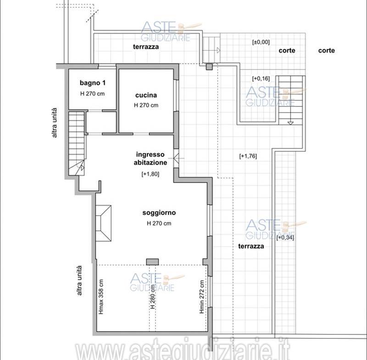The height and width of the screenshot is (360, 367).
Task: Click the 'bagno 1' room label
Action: [x=93, y=83]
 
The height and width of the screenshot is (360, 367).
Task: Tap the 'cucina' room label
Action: [x=146, y=95]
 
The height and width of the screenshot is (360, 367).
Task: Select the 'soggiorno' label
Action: [x=159, y=213]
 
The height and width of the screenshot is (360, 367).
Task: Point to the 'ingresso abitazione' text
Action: [x=150, y=158]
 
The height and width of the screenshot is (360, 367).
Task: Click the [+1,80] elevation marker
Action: [x=150, y=174]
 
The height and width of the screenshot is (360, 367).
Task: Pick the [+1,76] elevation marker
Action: [x=248, y=156]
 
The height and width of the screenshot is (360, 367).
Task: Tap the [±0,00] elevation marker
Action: [x=261, y=42]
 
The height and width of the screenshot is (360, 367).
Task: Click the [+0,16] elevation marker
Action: [x=261, y=78]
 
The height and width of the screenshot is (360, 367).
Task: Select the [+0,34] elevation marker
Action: [x=285, y=238]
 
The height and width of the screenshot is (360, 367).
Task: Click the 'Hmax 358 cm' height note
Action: [x=101, y=297]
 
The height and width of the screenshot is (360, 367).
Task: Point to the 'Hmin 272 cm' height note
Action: [x=201, y=297]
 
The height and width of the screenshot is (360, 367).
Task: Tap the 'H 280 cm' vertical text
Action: [x=153, y=296]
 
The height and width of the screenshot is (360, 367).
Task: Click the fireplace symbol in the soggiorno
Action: [x=103, y=223]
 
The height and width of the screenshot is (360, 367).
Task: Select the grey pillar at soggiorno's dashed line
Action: [x=152, y=262]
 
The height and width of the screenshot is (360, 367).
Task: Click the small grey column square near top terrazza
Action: [x=209, y=67]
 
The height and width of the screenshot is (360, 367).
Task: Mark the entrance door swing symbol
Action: [x=176, y=158]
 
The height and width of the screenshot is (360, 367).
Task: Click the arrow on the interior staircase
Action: [x=82, y=167]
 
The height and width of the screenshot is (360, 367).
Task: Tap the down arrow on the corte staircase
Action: [x=290, y=123]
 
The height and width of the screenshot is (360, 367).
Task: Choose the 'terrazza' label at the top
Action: [x=146, y=47]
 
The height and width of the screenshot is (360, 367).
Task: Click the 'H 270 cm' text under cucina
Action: [x=146, y=105]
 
